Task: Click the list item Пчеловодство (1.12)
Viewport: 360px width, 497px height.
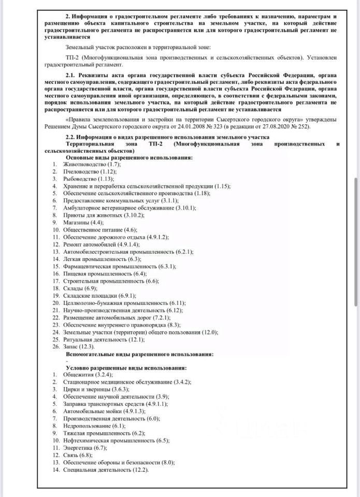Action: pyautogui.click(x=90, y=171)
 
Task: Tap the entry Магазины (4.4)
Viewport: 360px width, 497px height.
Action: pyautogui.click(x=82, y=222)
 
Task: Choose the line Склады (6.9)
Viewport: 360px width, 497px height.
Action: pyautogui.click(x=80, y=287)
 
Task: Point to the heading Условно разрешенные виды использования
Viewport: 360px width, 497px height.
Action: pyautogui.click(x=126, y=367)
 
